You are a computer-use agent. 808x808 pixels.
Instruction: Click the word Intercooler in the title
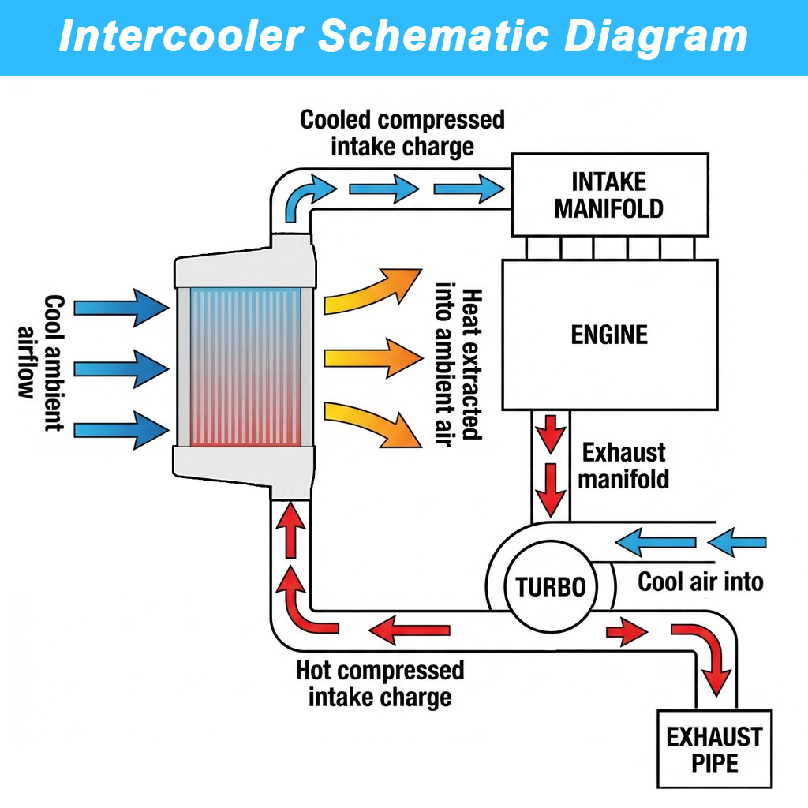[181, 36]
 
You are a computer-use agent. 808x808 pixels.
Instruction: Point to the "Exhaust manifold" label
[623, 466]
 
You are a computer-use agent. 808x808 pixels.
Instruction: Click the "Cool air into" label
[701, 582]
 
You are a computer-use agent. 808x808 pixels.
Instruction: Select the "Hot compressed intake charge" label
[380, 684]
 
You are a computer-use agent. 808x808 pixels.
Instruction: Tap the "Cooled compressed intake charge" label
[402, 133]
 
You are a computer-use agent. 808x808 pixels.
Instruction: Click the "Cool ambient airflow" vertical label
[40, 362]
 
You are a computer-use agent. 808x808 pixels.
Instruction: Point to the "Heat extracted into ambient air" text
[458, 364]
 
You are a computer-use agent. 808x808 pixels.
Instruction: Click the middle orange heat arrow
[373, 358]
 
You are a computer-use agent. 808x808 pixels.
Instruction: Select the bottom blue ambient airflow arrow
[122, 430]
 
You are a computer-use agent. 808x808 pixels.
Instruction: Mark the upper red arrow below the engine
[551, 434]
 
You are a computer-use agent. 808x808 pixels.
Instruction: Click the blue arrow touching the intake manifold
[469, 189]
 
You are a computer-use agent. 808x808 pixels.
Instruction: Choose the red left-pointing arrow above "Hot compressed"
[410, 630]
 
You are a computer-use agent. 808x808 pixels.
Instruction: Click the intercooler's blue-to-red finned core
[245, 367]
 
